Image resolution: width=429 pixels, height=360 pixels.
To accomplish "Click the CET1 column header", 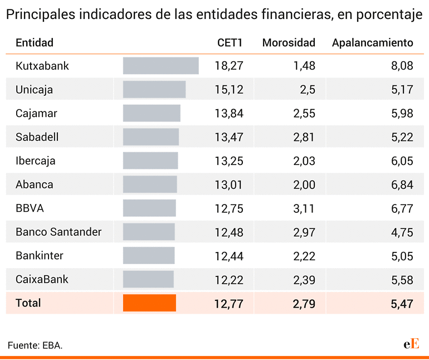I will point(230,42).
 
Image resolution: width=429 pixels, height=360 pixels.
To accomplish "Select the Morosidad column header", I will point(289,42).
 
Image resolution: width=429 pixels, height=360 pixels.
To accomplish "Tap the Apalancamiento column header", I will point(372,42).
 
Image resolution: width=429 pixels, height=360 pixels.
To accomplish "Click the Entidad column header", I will point(35,42).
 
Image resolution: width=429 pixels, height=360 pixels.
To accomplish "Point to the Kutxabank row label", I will point(42,66).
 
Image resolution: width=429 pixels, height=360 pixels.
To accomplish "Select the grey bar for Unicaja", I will point(154,90).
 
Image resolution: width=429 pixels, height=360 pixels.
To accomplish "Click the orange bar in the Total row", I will point(149,303).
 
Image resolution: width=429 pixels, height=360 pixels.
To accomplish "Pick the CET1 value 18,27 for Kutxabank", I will point(229,66).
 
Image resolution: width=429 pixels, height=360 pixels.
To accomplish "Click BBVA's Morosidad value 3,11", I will point(304,208).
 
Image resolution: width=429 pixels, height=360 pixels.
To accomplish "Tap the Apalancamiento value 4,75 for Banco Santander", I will point(402,232).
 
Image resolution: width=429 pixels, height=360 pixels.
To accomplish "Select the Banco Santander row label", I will point(58,232).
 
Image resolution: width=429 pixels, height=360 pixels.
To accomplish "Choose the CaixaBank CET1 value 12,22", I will point(229,280).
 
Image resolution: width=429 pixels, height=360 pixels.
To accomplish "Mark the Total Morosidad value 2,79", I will point(304,304).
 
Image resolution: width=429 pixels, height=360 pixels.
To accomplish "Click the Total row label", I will point(28,303).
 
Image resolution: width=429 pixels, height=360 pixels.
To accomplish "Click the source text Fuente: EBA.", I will point(35,346).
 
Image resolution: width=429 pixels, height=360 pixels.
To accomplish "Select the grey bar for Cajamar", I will point(152,113).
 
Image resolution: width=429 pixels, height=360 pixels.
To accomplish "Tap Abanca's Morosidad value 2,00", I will point(304,184).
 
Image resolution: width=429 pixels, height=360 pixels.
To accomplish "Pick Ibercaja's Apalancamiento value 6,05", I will point(402,161).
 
